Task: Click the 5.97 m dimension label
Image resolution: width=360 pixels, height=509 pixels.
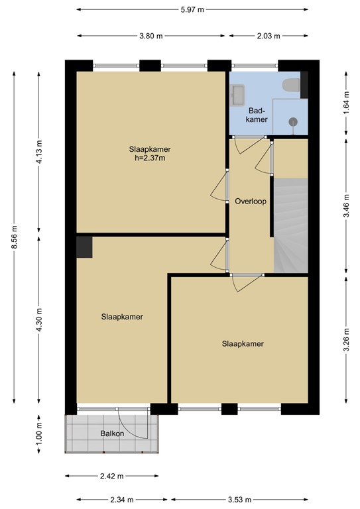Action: pos(192,9)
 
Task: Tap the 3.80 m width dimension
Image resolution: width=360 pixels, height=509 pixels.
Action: pos(150,36)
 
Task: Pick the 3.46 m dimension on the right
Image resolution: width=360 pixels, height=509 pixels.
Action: pos(346,205)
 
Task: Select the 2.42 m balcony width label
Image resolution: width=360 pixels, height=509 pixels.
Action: pos(111,476)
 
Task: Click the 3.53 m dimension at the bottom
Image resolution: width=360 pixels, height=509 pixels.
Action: pos(240,499)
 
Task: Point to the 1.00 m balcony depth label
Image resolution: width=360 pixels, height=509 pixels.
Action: pos(38,434)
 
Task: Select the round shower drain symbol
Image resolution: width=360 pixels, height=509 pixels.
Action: pos(292,121)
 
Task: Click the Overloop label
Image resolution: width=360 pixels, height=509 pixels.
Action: pos(251,201)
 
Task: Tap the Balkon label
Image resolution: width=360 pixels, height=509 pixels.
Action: pos(111,434)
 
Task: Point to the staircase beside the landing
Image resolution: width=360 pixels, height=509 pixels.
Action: pos(291,225)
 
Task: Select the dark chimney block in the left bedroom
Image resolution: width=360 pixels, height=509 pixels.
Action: pos(85,247)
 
